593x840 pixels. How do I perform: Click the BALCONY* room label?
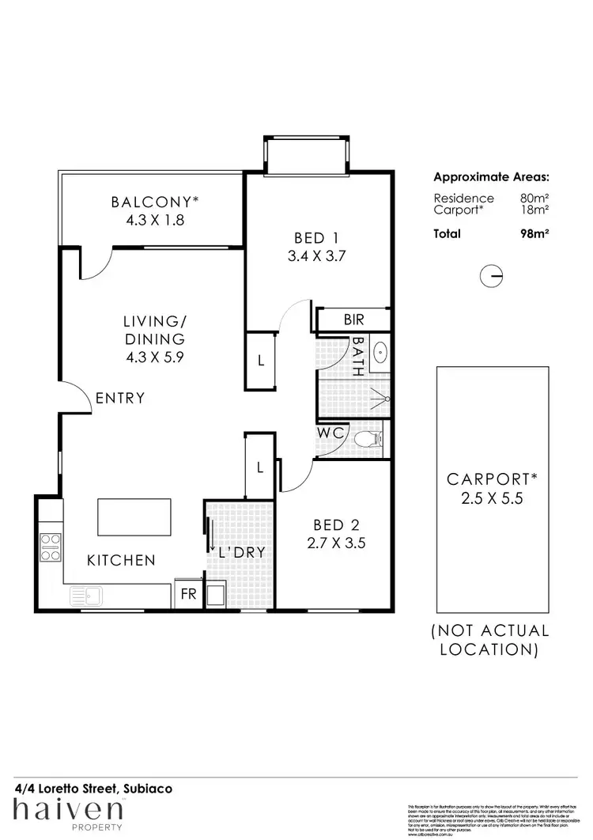(x=150, y=202)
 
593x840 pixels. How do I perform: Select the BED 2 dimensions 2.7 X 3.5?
(x=338, y=543)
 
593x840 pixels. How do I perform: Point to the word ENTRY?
(x=120, y=398)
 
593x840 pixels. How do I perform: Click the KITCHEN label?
(x=121, y=560)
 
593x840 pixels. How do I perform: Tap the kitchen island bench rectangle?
(x=134, y=517)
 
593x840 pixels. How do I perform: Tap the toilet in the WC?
(x=366, y=439)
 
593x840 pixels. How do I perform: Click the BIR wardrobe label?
(x=353, y=320)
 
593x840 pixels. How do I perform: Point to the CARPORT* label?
(x=493, y=479)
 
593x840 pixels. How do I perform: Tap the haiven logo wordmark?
(x=69, y=809)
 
